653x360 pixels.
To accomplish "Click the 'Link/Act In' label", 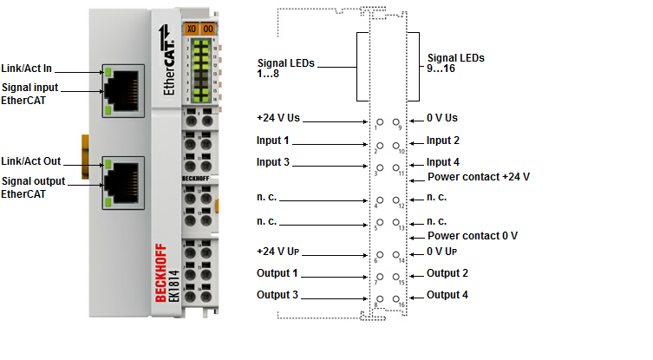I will click(28, 69).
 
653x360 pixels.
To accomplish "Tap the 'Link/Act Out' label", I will click(30, 160).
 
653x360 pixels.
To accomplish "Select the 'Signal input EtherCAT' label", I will click(29, 94).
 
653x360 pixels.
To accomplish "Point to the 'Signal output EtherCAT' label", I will click(32, 187).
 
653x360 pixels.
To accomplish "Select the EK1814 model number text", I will click(173, 285).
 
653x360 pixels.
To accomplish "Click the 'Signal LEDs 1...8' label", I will click(285, 69).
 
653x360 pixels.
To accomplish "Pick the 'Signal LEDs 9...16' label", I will click(454, 63).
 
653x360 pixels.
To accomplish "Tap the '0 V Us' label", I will click(442, 117).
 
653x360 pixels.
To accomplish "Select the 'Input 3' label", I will click(273, 162).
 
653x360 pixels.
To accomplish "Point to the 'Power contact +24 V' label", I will click(479, 176).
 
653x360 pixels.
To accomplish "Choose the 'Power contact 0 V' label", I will click(473, 235).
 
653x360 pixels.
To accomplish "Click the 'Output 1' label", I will click(277, 273).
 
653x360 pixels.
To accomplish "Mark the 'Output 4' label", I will click(447, 295).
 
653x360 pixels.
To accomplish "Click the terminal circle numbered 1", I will click(379, 123).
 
